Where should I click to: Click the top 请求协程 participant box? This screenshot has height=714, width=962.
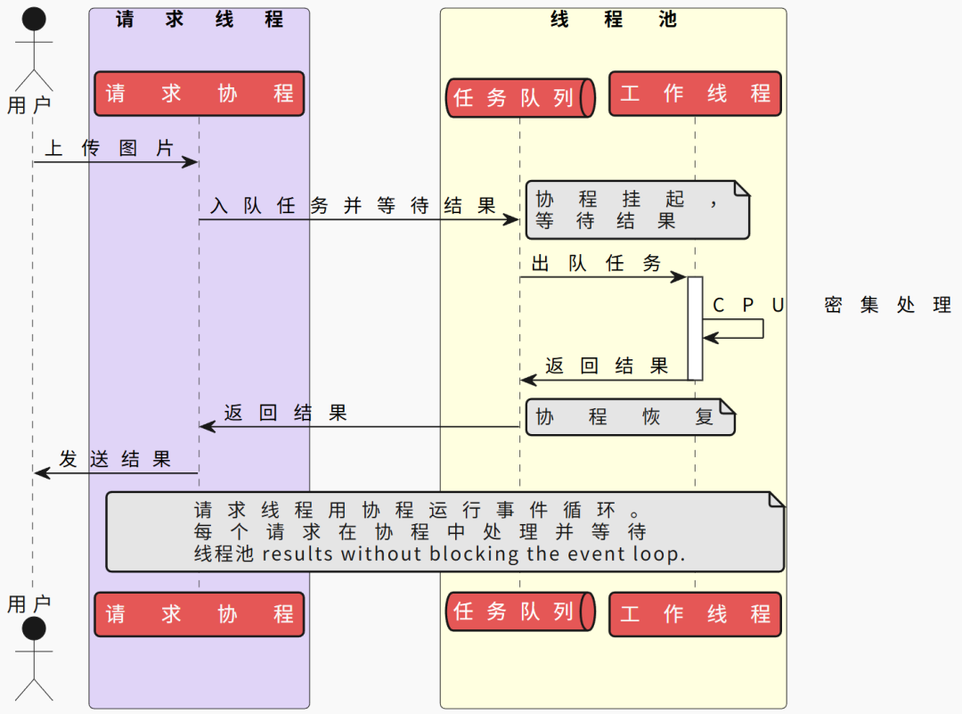(200, 94)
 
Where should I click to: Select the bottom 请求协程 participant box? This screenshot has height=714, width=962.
(200, 614)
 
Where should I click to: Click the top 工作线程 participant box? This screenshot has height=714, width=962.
(695, 94)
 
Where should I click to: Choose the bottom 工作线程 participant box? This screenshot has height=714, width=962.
(695, 614)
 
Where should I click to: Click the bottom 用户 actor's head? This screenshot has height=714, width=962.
(34, 629)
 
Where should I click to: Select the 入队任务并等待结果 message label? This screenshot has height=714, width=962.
(353, 206)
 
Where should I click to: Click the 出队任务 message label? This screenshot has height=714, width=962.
(596, 264)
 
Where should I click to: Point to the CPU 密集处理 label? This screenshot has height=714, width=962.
(832, 305)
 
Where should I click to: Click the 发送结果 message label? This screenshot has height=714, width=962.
(115, 459)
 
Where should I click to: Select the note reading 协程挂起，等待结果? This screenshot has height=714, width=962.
(637, 210)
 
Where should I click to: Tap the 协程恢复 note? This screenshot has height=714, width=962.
(630, 417)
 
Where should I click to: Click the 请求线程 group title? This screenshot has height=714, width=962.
(200, 20)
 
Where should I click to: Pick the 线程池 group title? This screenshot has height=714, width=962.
(613, 20)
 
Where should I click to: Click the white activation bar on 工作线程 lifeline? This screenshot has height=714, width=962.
(696, 328)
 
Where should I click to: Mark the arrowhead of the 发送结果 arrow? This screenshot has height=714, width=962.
(40, 472)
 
